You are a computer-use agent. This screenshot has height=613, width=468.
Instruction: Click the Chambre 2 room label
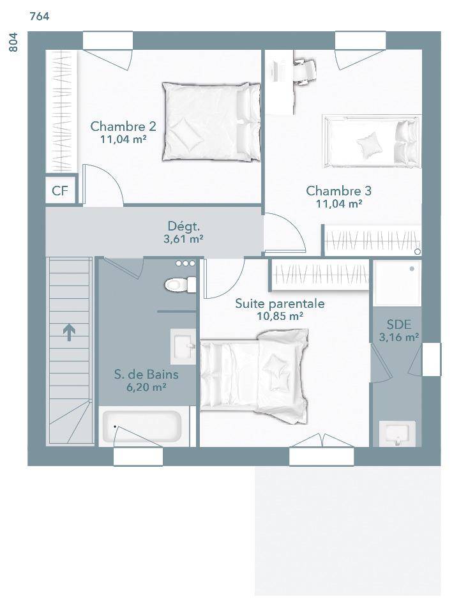(x=123, y=126)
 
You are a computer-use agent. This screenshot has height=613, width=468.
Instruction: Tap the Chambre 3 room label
(x=338, y=191)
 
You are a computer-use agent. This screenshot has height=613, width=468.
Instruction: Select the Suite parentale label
(x=280, y=303)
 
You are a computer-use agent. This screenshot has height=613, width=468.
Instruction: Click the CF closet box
(x=60, y=191)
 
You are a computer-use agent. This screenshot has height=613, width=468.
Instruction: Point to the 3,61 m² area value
(x=183, y=239)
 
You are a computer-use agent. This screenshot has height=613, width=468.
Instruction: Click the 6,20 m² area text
(x=146, y=388)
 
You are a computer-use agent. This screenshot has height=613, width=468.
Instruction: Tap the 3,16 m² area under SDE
(x=399, y=337)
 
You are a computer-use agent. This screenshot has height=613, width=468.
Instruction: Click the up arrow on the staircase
(x=69, y=332)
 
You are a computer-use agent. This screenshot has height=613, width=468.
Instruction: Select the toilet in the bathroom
(x=180, y=284)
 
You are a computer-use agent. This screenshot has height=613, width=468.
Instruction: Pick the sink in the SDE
(x=397, y=433)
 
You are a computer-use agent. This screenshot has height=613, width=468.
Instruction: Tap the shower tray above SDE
(x=397, y=283)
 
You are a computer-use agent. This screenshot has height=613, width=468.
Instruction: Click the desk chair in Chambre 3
(x=304, y=71)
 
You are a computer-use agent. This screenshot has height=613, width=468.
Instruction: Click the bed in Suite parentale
(x=255, y=376)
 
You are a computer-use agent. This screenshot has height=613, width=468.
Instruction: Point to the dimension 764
(x=40, y=17)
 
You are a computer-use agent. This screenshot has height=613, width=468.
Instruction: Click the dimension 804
(x=13, y=42)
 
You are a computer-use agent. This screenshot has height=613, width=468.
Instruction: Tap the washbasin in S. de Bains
(x=183, y=346)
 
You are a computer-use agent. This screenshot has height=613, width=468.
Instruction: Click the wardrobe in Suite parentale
(x=321, y=275)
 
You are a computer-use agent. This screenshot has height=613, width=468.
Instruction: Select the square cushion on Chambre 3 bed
(x=369, y=145)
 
